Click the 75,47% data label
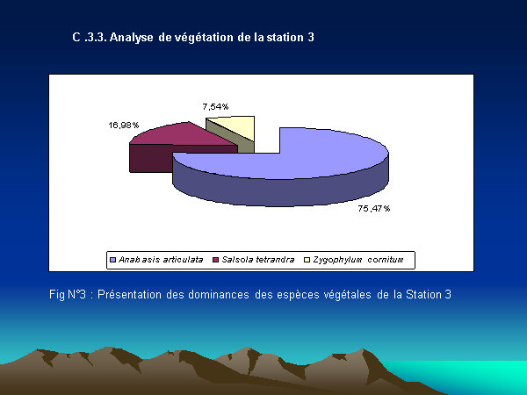[x=374, y=209]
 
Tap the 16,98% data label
[x=123, y=126]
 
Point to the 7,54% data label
[x=215, y=107]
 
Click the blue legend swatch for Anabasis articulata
[x=113, y=260]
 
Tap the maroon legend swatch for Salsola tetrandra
[x=216, y=260]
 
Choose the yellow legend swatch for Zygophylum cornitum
[x=307, y=260]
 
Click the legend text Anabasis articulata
[x=161, y=260]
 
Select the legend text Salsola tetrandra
[x=257, y=260]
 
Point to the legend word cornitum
[x=386, y=260]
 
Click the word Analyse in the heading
[x=131, y=37]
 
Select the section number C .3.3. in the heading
[x=90, y=37]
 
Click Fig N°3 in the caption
[x=68, y=295]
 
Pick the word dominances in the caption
[x=219, y=295]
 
